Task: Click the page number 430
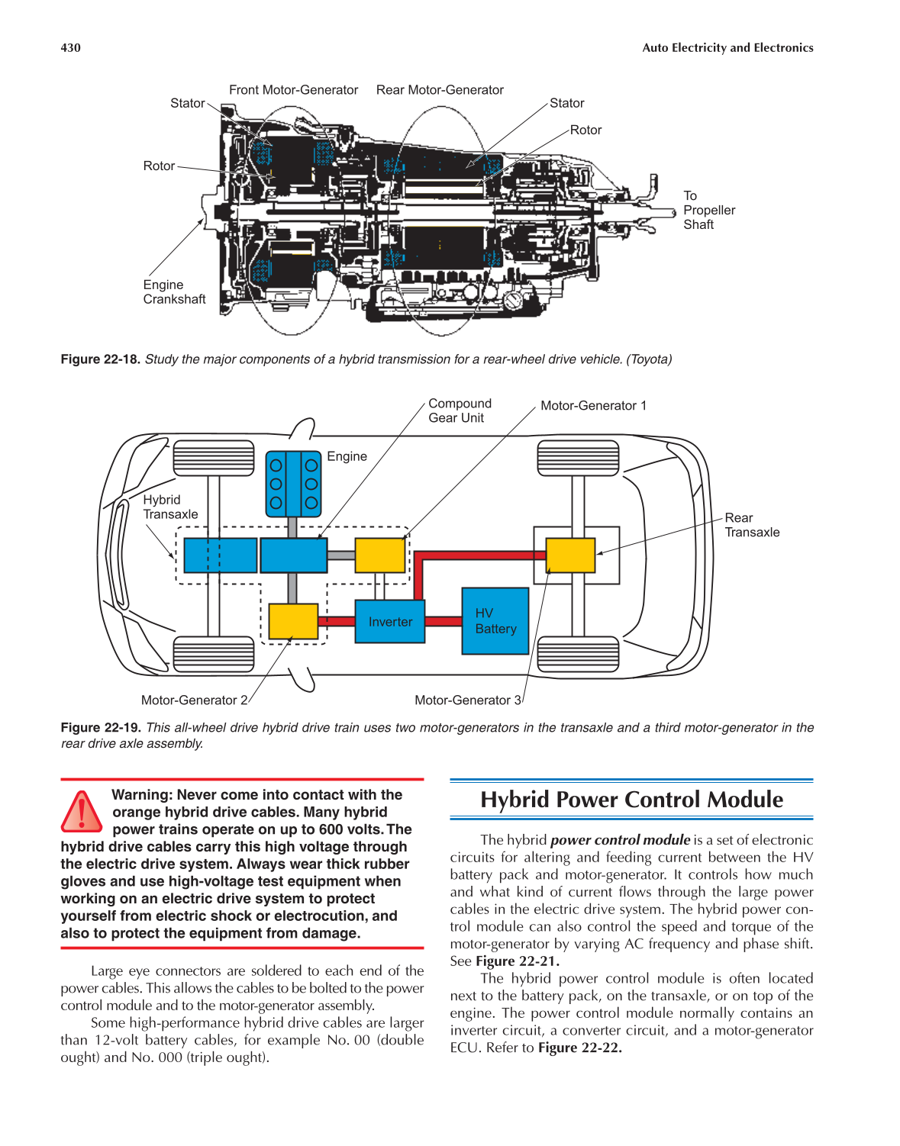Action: tap(70, 47)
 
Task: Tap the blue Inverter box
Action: tap(389, 621)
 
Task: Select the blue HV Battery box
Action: tap(495, 621)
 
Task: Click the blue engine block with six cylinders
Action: tap(293, 484)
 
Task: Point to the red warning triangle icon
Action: tap(82, 812)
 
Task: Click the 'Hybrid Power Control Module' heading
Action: tap(631, 800)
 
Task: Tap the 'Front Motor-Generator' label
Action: tap(293, 90)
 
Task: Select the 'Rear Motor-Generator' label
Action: tap(440, 90)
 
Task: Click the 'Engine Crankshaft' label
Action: tap(174, 292)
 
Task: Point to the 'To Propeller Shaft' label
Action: tap(708, 210)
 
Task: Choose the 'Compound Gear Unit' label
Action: tap(460, 410)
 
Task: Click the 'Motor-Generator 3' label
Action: tap(468, 700)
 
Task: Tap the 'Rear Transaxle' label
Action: tap(752, 525)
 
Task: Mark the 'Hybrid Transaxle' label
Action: tap(170, 507)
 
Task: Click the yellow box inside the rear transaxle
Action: tap(570, 555)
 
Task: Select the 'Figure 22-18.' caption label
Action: tap(101, 359)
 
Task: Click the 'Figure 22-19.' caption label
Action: tap(101, 728)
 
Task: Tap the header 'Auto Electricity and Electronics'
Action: tap(727, 47)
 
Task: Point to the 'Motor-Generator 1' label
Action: tap(593, 406)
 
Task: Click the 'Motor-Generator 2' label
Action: tap(195, 700)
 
